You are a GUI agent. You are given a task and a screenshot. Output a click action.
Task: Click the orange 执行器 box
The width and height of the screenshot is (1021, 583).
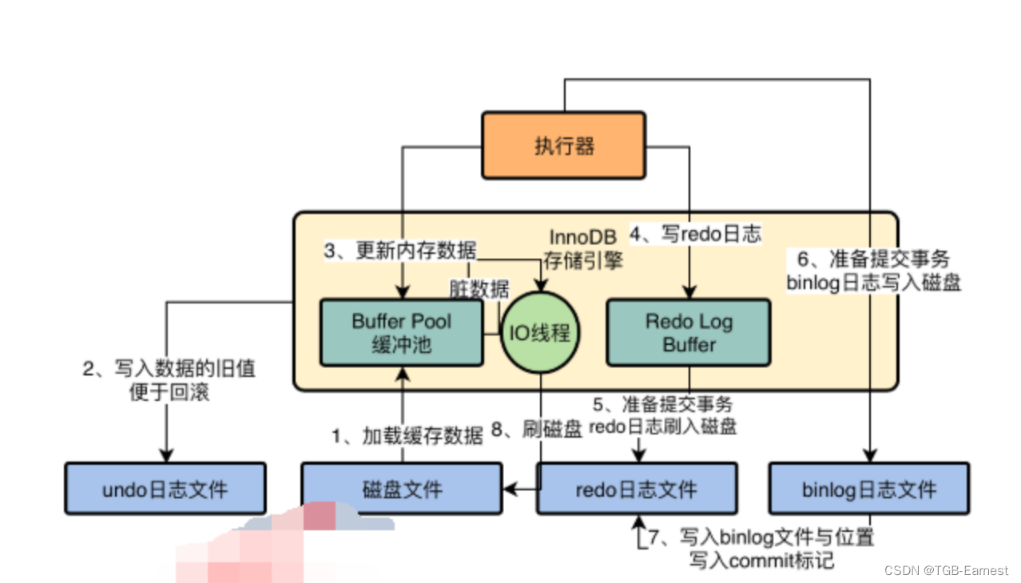[x=563, y=145]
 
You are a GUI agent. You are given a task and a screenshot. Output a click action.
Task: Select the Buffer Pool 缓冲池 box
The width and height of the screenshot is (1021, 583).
[x=401, y=333]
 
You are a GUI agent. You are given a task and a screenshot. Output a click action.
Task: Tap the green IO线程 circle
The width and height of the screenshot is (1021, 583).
[x=539, y=332]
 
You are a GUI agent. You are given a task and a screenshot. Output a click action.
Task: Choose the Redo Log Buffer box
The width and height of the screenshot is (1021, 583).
[x=689, y=333]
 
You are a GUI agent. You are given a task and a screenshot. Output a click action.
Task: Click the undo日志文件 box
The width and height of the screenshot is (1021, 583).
[x=165, y=488]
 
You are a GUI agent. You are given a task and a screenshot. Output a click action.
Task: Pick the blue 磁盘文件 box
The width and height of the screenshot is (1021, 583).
[x=401, y=488]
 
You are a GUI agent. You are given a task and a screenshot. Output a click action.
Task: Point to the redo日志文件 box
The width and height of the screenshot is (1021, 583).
[x=636, y=488]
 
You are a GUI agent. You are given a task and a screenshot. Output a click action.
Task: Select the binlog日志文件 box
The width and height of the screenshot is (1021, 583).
[x=868, y=488]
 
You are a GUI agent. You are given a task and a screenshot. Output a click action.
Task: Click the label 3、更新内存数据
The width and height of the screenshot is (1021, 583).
[x=399, y=251]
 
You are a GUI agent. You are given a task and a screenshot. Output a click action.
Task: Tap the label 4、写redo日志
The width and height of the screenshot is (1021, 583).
[x=696, y=234]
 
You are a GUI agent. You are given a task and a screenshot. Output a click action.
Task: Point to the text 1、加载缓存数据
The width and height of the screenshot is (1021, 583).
[x=407, y=435]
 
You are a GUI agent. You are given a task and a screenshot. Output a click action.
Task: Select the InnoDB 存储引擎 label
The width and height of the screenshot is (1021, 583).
[x=582, y=248]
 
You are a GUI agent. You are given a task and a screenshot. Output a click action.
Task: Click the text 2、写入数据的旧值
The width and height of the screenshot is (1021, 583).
[x=169, y=369]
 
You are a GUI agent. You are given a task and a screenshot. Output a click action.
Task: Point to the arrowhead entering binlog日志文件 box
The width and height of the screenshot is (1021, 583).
[x=868, y=456]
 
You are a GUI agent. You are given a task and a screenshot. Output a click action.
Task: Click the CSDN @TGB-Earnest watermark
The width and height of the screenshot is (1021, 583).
[x=946, y=570]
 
